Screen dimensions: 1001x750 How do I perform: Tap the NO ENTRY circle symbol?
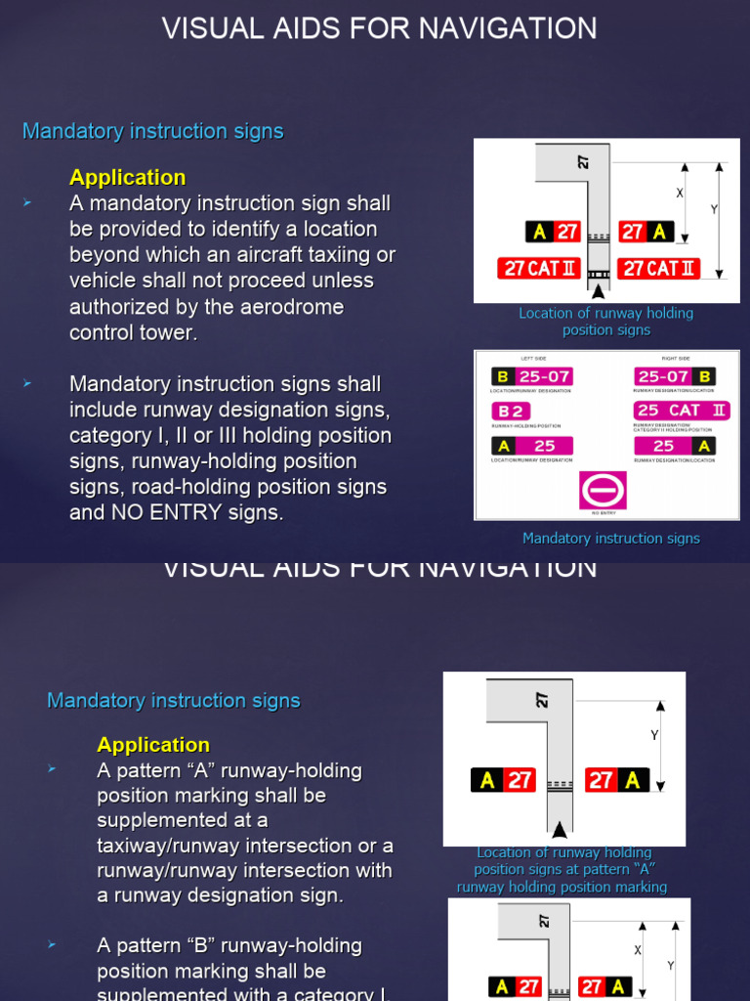point(603,490)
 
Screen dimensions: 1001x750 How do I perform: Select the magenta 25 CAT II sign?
point(681,411)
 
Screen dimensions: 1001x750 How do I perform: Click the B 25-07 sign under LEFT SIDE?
point(531,376)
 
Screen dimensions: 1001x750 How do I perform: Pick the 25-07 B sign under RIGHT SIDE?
point(675,376)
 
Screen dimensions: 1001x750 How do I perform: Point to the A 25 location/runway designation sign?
point(531,446)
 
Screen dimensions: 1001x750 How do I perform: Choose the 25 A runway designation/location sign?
point(675,446)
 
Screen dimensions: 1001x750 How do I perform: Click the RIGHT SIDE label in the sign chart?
point(676,359)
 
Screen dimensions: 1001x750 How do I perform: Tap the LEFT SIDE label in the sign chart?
point(534,359)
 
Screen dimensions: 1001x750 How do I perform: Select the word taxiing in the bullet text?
point(335,255)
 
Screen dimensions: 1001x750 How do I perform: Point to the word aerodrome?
point(292,307)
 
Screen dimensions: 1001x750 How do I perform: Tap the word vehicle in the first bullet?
point(102,281)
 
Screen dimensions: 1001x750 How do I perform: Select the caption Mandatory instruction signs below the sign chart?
point(611,538)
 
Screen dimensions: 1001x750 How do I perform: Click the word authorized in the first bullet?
point(125,307)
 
